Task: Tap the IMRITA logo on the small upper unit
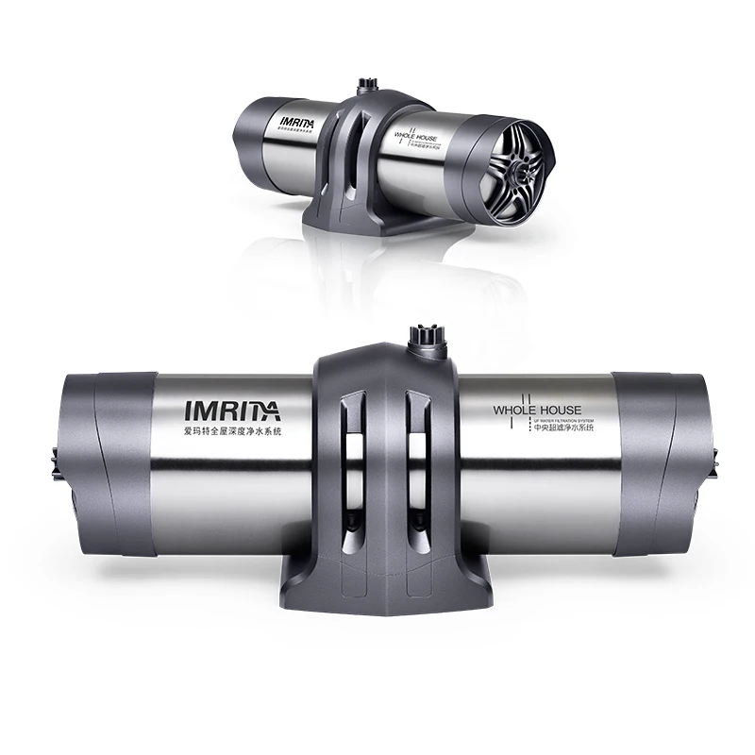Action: (300, 122)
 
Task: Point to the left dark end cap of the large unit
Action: (106, 462)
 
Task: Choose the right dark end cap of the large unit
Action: (661, 462)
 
